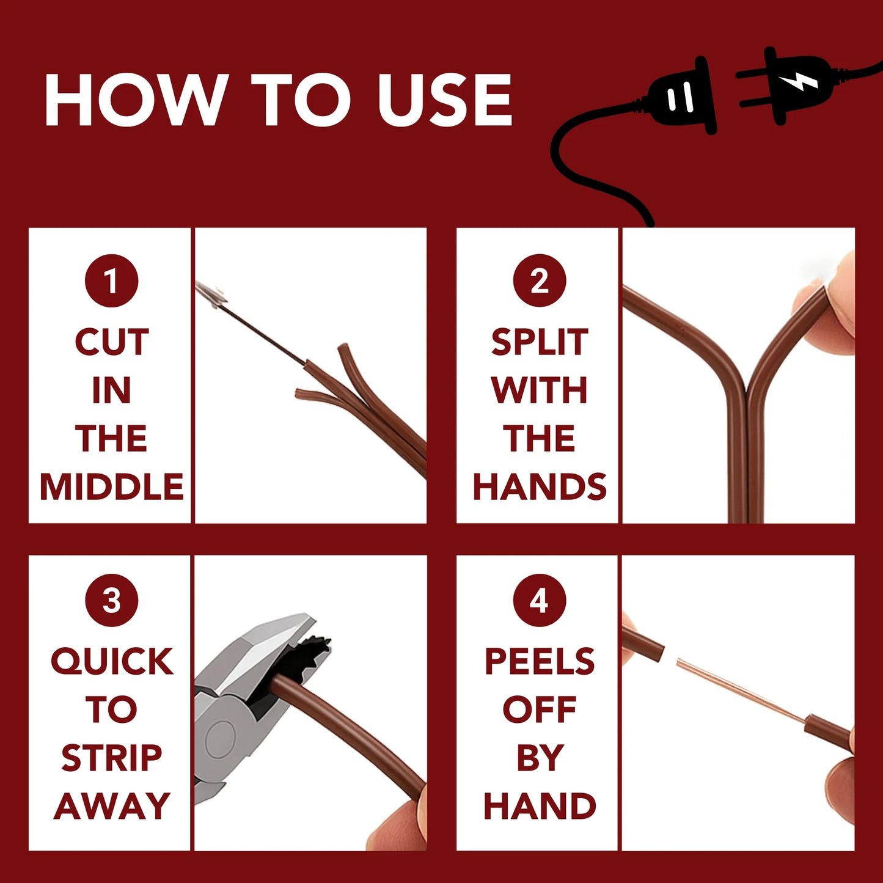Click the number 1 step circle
(111, 280)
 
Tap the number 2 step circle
(540, 280)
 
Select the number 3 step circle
(111, 600)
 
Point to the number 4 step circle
(540, 600)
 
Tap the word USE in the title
(444, 100)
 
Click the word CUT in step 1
(112, 342)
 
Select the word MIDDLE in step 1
(112, 486)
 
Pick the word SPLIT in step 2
(540, 342)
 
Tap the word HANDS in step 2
(540, 486)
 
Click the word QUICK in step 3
(112, 662)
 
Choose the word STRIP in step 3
(112, 758)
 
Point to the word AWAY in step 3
(112, 806)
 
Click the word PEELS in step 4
(540, 662)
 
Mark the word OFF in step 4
(540, 710)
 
